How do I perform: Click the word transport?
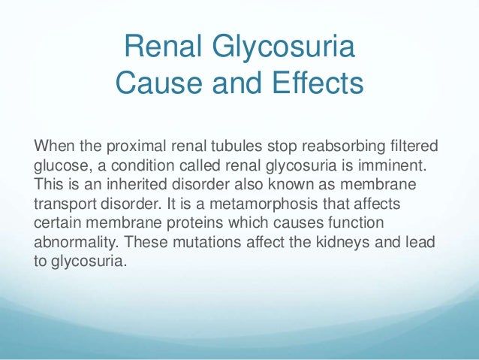[x=65, y=204]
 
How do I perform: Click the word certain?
[x=54, y=224]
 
